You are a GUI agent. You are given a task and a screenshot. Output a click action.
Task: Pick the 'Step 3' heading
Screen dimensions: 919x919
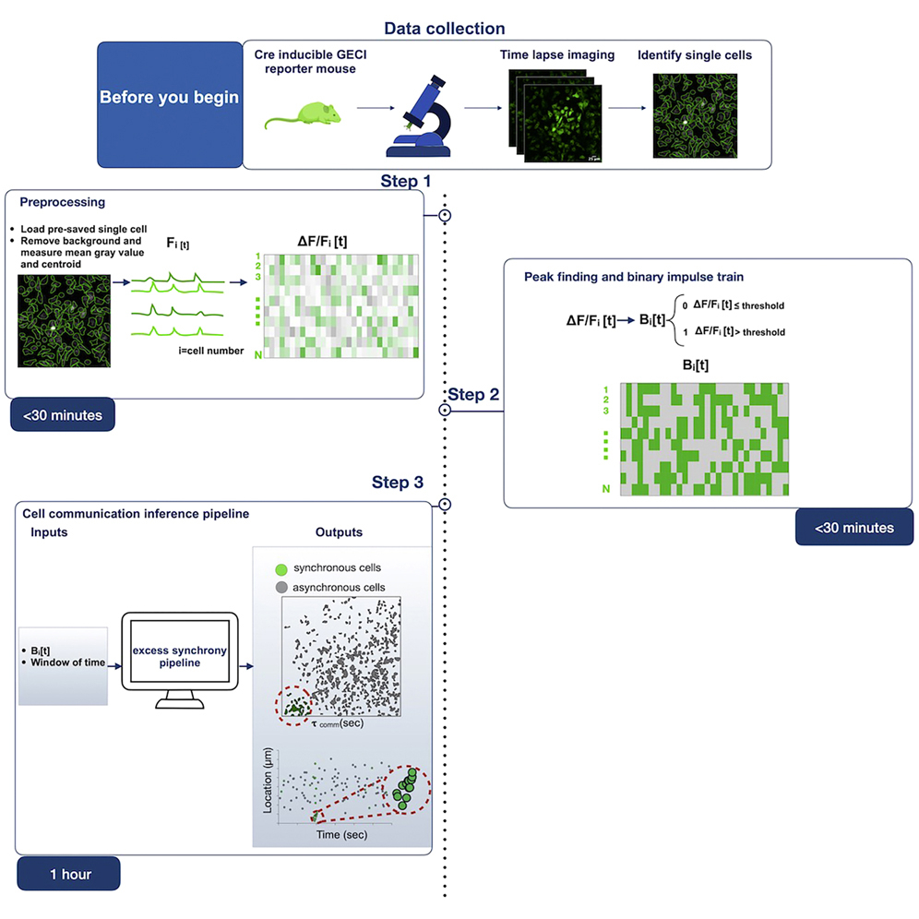tap(399, 482)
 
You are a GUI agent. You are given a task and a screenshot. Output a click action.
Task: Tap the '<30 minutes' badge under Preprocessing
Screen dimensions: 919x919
tap(63, 415)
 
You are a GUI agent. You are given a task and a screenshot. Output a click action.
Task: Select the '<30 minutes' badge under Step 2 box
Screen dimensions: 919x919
tap(853, 527)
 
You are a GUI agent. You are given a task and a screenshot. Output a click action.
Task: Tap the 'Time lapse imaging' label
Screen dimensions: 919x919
tap(556, 54)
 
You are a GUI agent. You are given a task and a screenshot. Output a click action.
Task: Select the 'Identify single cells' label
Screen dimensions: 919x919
tap(694, 54)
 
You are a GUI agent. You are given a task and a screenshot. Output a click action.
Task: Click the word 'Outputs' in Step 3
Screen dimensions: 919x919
tap(339, 532)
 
